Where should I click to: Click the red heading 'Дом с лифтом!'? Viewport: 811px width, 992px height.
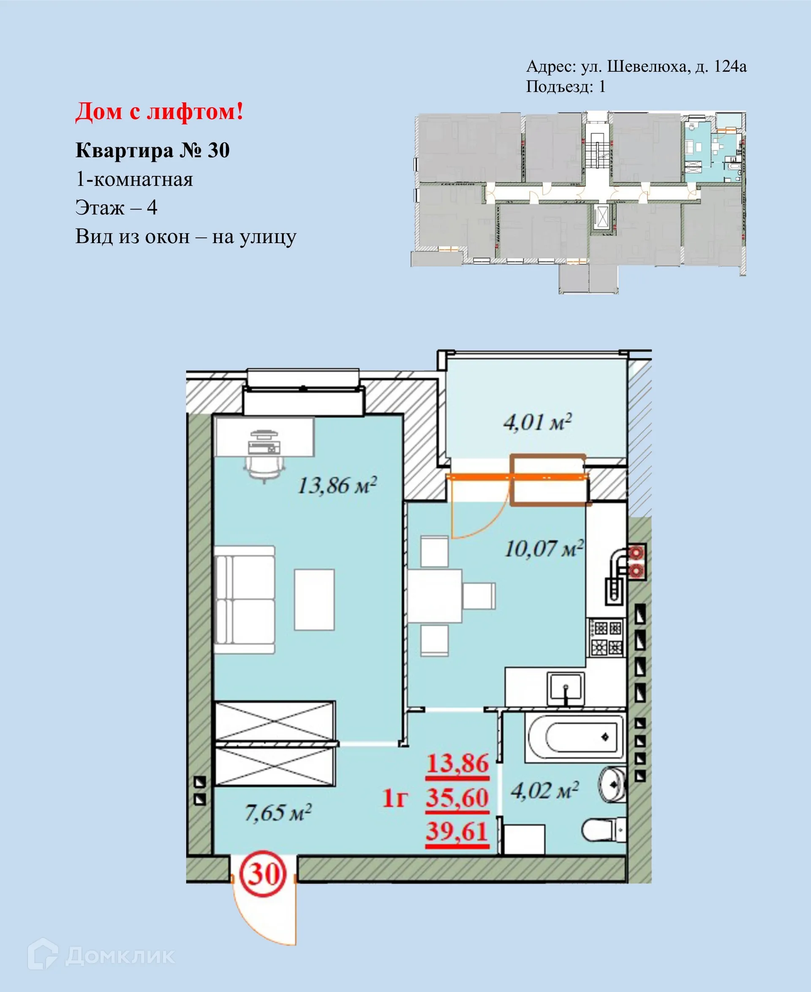159,112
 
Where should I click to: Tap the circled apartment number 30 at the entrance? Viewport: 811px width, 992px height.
263,873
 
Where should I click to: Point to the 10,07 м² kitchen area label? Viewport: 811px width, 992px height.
544,548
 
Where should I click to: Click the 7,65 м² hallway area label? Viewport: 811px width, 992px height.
278,812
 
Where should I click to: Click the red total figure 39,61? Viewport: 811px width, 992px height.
457,832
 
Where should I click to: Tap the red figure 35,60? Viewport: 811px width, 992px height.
457,798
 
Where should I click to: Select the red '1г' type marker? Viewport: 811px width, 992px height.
395,798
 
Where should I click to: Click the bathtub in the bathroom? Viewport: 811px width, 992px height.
575,737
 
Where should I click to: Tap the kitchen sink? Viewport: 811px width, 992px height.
565,687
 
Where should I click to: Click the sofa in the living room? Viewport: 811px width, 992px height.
244,600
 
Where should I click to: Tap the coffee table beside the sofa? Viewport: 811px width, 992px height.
314,599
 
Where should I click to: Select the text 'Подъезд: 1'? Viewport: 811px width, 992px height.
565,87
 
